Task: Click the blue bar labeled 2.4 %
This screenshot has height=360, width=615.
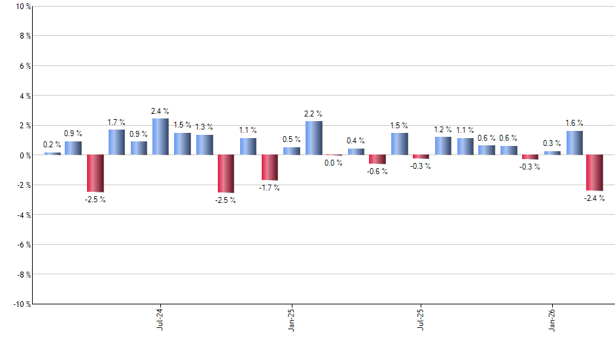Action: click(160, 137)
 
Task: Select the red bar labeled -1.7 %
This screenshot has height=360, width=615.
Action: click(270, 168)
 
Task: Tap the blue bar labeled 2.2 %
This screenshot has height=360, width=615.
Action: click(313, 138)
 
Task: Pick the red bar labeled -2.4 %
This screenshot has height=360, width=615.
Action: click(595, 173)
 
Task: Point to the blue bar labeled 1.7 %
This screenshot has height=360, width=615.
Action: click(116, 142)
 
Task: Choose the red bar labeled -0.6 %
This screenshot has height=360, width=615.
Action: click(378, 159)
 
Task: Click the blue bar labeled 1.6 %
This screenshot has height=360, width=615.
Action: click(574, 143)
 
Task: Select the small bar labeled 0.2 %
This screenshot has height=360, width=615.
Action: click(52, 153)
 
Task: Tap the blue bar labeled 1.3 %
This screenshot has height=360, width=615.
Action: click(204, 145)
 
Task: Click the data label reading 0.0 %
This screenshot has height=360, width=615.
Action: click(334, 163)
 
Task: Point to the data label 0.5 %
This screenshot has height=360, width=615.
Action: click(291, 139)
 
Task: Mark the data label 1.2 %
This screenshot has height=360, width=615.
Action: click(443, 130)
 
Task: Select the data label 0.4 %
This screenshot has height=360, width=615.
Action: click(356, 141)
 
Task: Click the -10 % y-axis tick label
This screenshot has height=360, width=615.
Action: click(20, 304)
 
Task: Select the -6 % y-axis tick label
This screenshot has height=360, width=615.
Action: click(22, 244)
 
